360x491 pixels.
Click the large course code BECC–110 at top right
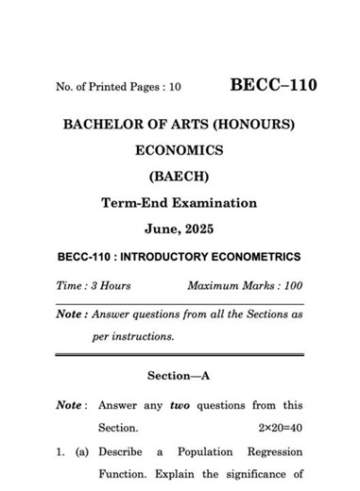click(x=273, y=86)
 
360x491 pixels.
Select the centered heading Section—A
click(x=180, y=376)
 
